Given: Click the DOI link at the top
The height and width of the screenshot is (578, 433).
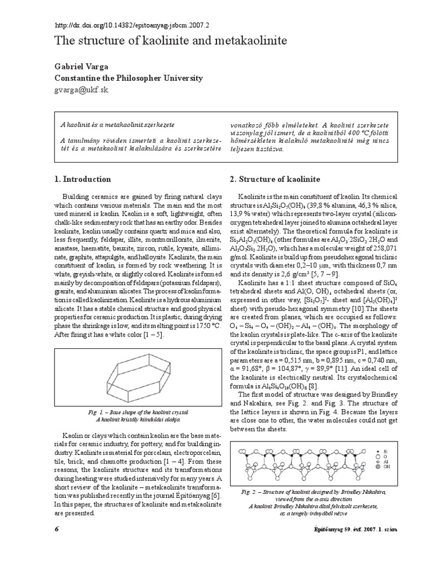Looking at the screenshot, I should [x=131, y=25].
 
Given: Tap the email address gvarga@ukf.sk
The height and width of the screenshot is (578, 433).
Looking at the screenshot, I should [x=81, y=90].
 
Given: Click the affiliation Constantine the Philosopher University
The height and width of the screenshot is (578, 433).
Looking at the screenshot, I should [x=128, y=78].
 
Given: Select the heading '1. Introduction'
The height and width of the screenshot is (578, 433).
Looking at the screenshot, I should [x=82, y=179].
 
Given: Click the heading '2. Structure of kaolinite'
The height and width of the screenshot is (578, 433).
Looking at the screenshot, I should [x=275, y=179].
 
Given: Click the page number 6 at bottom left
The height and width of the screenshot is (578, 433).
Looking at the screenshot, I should [x=56, y=529].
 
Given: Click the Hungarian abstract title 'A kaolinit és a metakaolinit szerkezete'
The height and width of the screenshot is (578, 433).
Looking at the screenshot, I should [x=118, y=124].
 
